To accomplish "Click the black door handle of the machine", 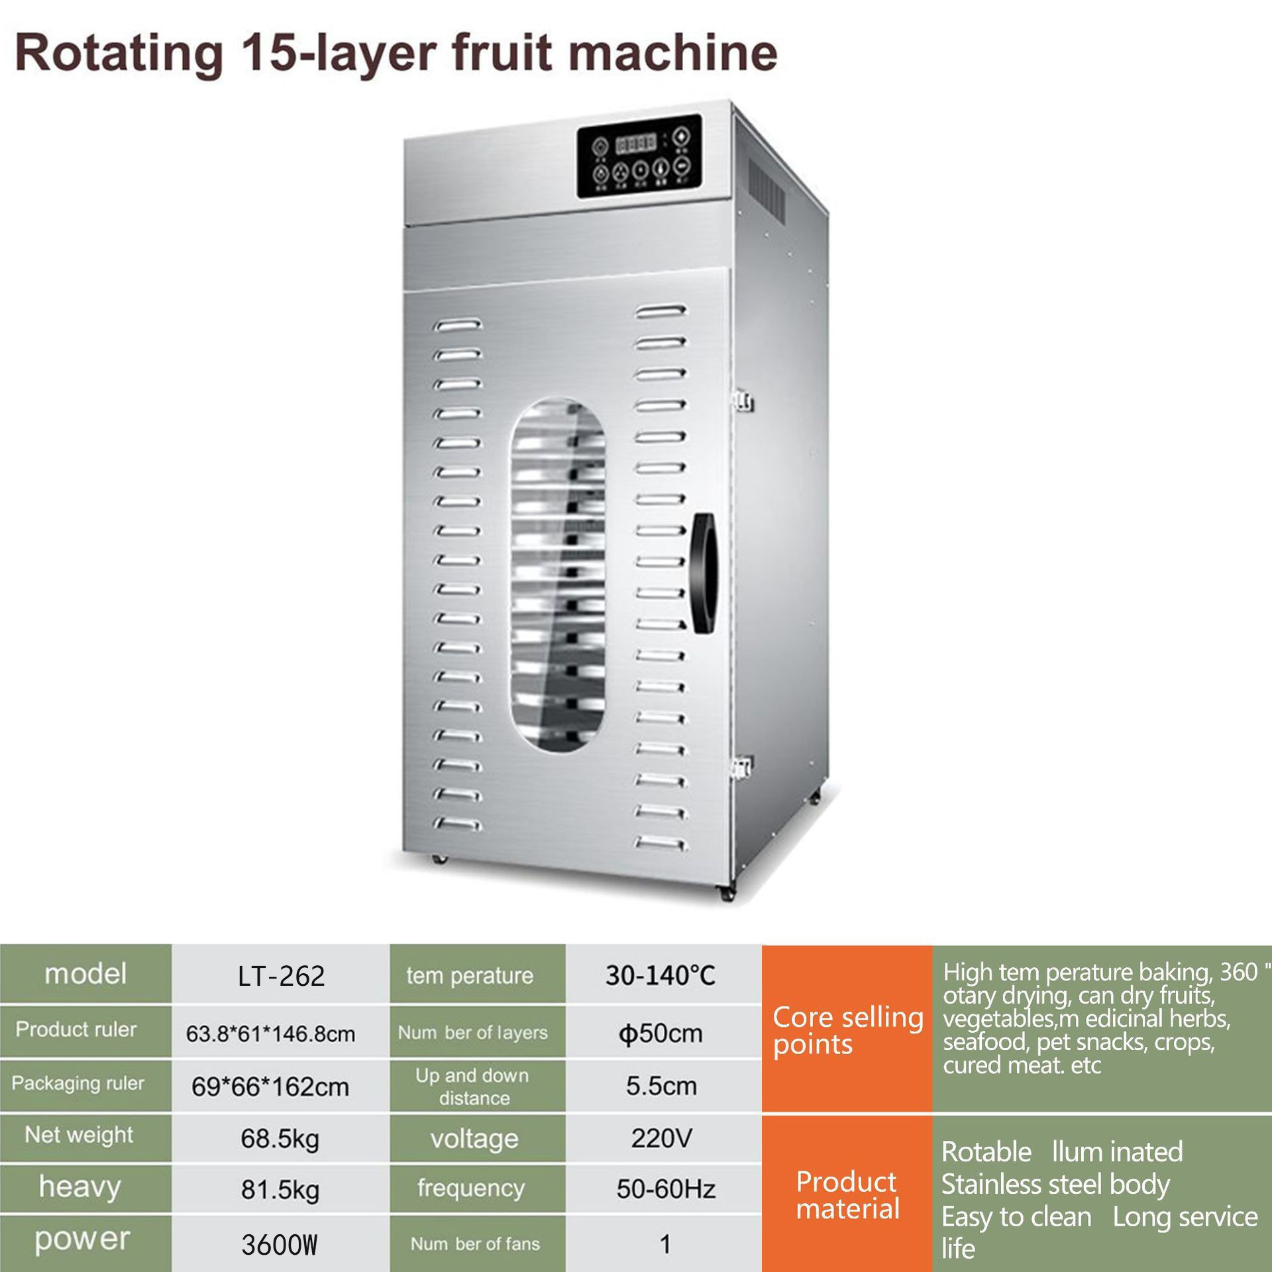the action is click(x=704, y=574).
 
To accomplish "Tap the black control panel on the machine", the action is click(x=639, y=156).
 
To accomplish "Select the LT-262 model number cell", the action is click(x=281, y=976).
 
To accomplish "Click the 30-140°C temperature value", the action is click(x=661, y=975).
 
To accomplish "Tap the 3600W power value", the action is click(x=280, y=1245).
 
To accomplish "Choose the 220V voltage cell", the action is click(x=661, y=1138).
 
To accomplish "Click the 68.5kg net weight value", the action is click(x=280, y=1139).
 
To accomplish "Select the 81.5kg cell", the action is click(x=280, y=1190).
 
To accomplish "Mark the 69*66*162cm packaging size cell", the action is click(x=270, y=1086).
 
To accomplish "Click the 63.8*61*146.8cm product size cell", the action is click(x=270, y=1033).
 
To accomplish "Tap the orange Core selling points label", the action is click(x=847, y=1030).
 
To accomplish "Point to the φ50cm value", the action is click(x=661, y=1033).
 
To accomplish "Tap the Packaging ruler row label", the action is click(x=78, y=1083).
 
